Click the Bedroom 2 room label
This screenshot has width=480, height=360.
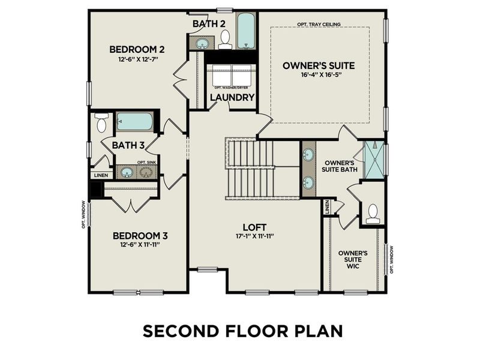[x=136, y=49]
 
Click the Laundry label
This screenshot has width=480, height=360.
[x=232, y=97]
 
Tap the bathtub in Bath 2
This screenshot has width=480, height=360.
[x=246, y=31]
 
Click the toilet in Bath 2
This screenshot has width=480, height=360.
[x=226, y=39]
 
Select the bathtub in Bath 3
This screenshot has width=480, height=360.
[x=134, y=121]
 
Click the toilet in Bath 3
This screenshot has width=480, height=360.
[x=101, y=122]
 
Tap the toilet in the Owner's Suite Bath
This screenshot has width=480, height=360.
[x=373, y=214]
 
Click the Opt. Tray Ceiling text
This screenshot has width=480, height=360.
[x=319, y=25]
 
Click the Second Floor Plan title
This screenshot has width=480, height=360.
[x=242, y=331]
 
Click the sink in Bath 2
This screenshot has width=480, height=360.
[x=203, y=43]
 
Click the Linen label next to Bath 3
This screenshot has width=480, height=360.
[x=100, y=175]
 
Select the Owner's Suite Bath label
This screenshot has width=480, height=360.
[x=340, y=166]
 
